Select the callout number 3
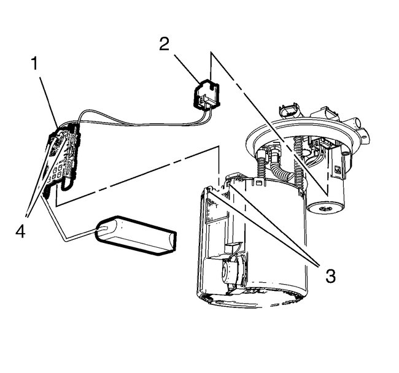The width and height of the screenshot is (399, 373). point(330,275)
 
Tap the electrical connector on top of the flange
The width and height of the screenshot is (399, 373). point(289,112)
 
